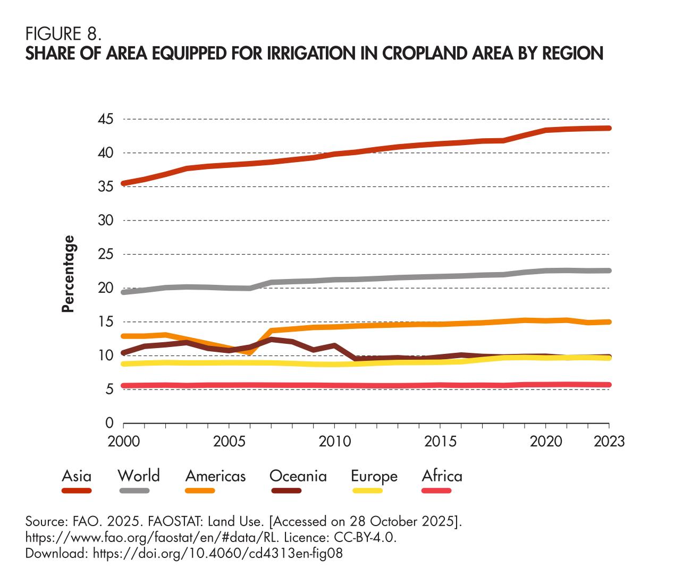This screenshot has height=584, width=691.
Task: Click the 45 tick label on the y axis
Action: (105, 119)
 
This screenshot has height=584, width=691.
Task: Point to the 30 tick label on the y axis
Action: (105, 221)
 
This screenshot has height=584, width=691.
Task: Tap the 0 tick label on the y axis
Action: (109, 424)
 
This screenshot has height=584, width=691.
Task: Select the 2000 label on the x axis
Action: (123, 442)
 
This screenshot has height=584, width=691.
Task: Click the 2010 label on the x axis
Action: (334, 442)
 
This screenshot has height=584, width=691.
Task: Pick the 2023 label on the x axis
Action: (609, 442)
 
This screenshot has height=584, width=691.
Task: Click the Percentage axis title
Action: (68, 274)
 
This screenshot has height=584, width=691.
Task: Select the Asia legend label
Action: (77, 476)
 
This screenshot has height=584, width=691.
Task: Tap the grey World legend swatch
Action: (134, 490)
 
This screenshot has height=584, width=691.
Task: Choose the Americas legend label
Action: (215, 476)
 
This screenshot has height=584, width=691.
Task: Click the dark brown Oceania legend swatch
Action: (286, 490)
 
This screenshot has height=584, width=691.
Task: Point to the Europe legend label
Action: (374, 476)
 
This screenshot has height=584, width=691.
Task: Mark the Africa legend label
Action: (442, 476)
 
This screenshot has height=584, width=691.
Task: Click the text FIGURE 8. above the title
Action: (63, 35)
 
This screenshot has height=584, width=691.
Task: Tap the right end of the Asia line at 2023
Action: (609, 128)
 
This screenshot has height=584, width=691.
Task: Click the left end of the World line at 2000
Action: (123, 292)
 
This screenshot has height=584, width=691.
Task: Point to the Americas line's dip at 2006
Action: (250, 352)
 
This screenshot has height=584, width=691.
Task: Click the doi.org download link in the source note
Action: (218, 553)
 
